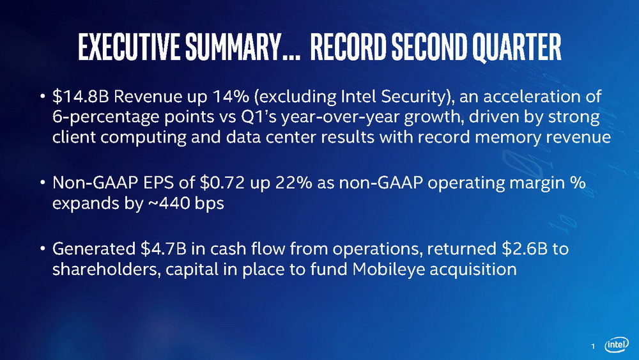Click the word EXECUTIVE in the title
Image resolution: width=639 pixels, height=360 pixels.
pyautogui.click(x=129, y=47)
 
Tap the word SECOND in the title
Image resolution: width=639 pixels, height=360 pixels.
pyautogui.click(x=429, y=47)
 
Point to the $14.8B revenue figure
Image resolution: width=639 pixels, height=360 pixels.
pyautogui.click(x=81, y=97)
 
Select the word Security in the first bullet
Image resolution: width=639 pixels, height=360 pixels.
pyautogui.click(x=417, y=97)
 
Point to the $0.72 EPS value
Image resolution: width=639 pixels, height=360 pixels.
pyautogui.click(x=222, y=183)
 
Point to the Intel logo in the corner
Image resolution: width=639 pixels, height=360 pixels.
pyautogui.click(x=616, y=345)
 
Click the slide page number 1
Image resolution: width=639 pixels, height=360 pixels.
pyautogui.click(x=593, y=346)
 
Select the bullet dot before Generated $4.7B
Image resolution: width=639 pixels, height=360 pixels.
pyautogui.click(x=42, y=248)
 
